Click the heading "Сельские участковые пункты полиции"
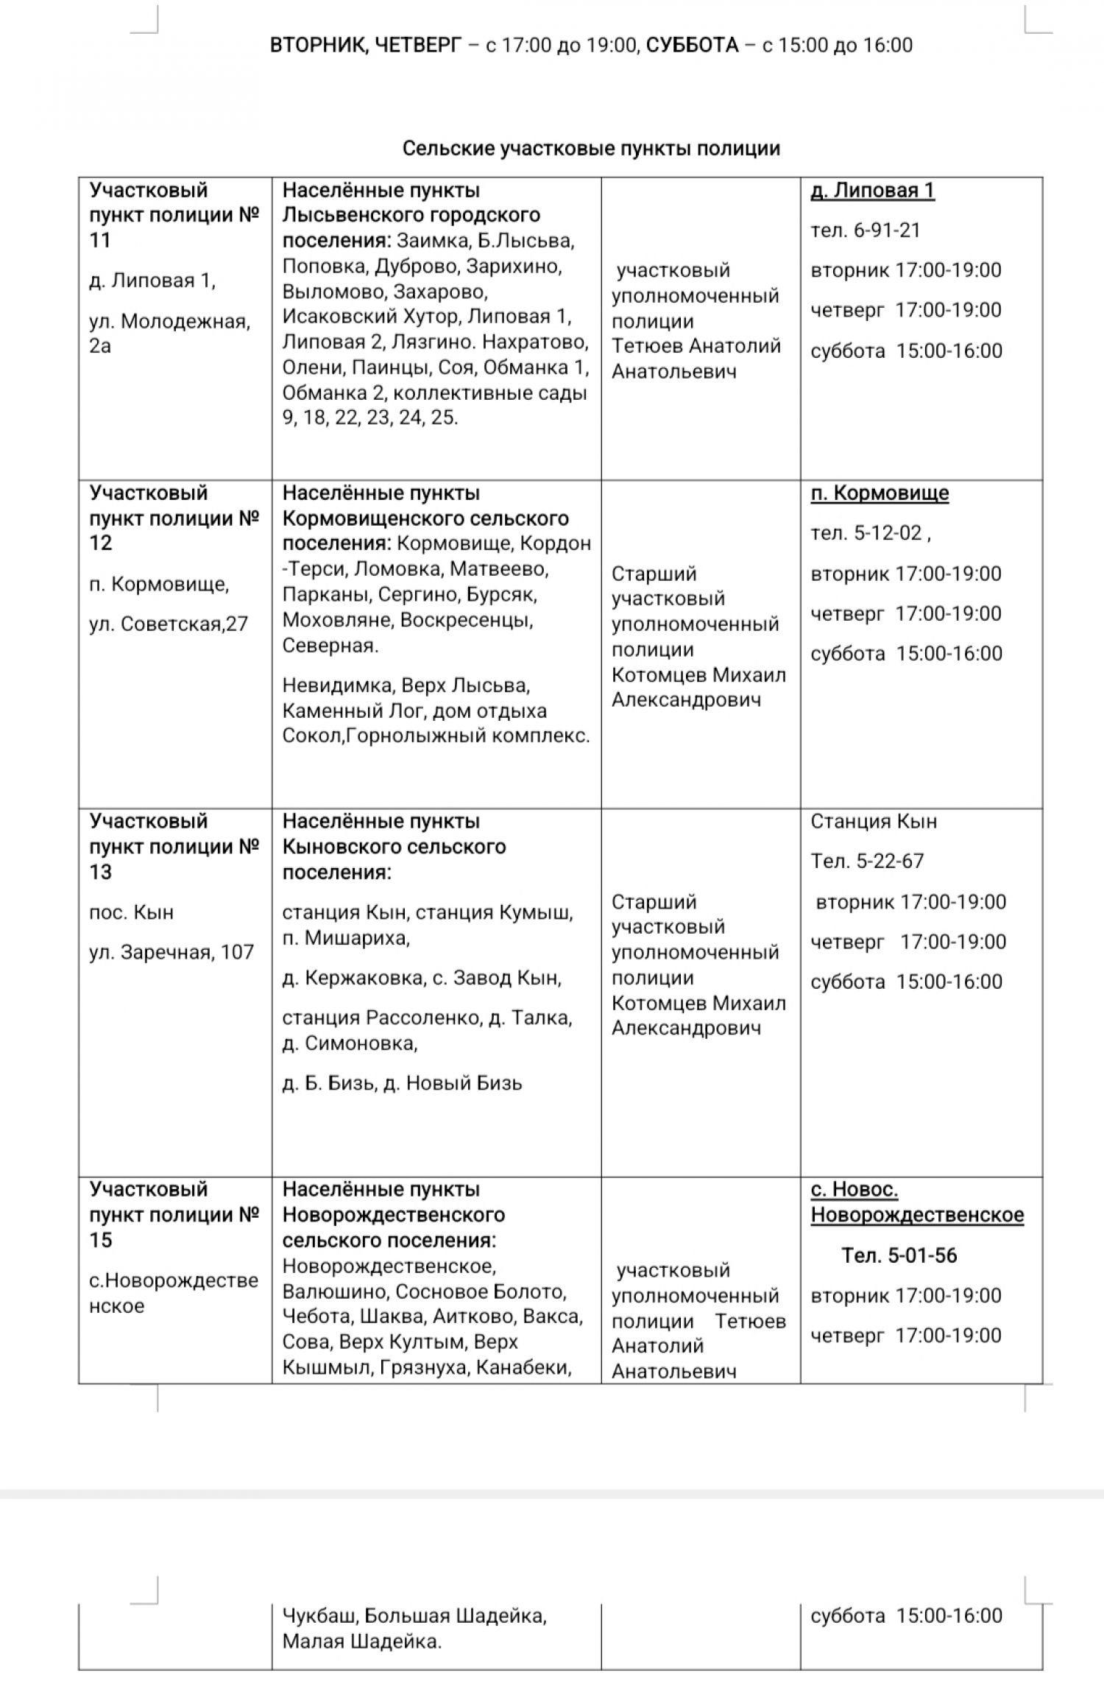(x=591, y=149)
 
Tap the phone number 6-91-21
(x=887, y=230)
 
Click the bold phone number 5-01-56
(x=922, y=1255)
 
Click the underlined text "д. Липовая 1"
(x=872, y=191)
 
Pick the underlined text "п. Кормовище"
(x=880, y=493)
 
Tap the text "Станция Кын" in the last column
(x=874, y=822)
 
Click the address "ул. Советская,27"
(x=169, y=624)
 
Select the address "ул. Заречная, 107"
(x=171, y=953)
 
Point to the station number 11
(x=100, y=240)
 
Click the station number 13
(x=101, y=873)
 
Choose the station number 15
(x=101, y=1240)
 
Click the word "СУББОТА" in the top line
(x=692, y=46)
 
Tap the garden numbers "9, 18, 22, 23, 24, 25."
(x=370, y=418)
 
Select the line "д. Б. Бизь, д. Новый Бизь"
(x=402, y=1083)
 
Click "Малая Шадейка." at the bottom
(x=362, y=1642)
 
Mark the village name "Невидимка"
(x=339, y=686)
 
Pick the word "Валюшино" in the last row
(x=334, y=1292)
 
